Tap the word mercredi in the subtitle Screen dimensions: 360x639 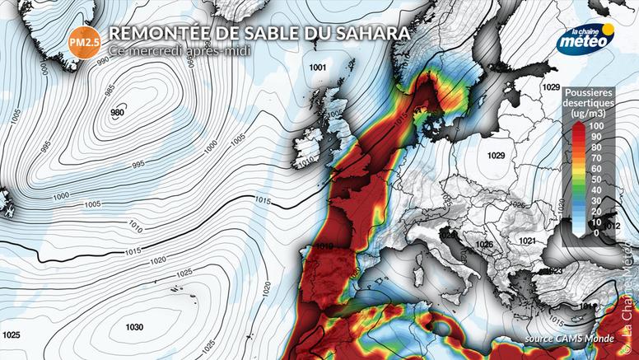[166, 50]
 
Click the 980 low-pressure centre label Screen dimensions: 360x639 [117, 113]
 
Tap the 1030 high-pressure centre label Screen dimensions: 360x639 [134, 327]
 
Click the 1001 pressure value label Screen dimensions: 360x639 [317, 67]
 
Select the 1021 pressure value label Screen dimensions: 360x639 [528, 240]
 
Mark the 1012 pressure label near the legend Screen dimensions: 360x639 [611, 224]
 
